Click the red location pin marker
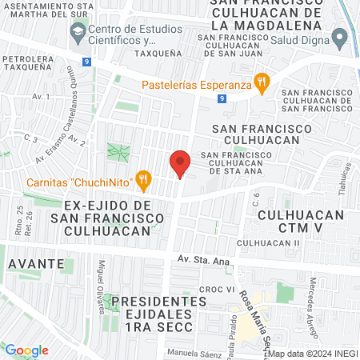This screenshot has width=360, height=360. pos(180,165)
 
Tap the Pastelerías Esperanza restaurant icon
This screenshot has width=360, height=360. pos(260,81)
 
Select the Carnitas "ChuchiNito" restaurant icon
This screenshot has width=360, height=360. pos(144,180)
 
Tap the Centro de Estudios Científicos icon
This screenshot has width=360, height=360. pos(78,34)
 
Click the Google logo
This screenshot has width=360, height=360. pos(26,350)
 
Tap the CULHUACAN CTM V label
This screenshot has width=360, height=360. pos(302,222)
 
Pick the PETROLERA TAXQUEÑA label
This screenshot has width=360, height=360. pos(31,64)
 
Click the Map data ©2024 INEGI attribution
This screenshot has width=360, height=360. pos(313,353)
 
